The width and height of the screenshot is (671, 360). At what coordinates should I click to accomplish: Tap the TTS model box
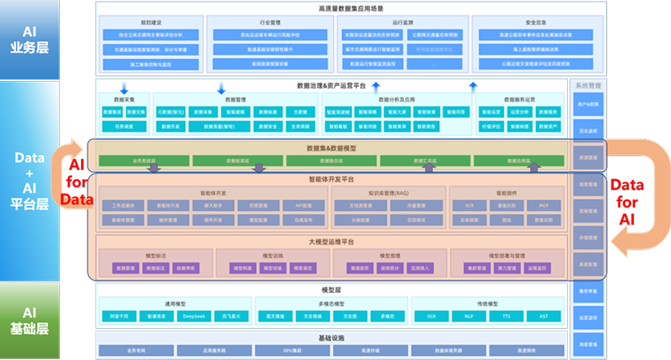tap(507, 315)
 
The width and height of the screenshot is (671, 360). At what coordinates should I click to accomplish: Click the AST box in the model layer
tap(543, 315)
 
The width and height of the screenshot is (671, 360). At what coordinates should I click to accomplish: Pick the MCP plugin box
tap(543, 206)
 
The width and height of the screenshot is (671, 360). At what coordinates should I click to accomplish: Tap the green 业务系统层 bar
tap(133, 161)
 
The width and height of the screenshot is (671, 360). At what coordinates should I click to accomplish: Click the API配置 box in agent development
tap(294, 206)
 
